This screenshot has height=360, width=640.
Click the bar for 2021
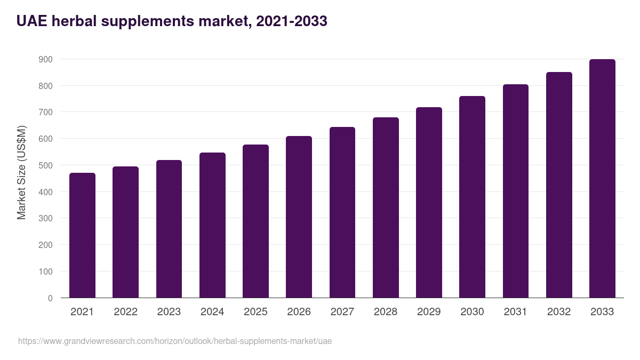point(82,235)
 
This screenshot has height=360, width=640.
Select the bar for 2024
point(212,225)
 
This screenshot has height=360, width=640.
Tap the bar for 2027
point(342,212)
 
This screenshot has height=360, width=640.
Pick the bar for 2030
point(472,197)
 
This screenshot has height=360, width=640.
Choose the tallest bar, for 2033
point(602,179)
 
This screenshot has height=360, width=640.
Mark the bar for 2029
point(429,203)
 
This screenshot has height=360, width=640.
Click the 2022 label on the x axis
point(125,312)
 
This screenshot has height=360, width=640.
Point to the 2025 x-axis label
point(255,312)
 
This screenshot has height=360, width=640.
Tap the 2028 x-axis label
point(386,312)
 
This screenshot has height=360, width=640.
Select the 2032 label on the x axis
point(559,312)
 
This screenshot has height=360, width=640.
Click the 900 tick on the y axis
point(46,59)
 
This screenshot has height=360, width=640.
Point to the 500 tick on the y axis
point(46,165)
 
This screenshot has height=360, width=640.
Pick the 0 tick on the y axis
point(50,298)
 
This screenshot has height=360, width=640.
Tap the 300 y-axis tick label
point(46,218)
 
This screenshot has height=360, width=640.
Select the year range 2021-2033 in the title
point(291,21)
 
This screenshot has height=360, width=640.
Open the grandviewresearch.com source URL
point(175,341)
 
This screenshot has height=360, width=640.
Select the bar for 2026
point(299,217)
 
